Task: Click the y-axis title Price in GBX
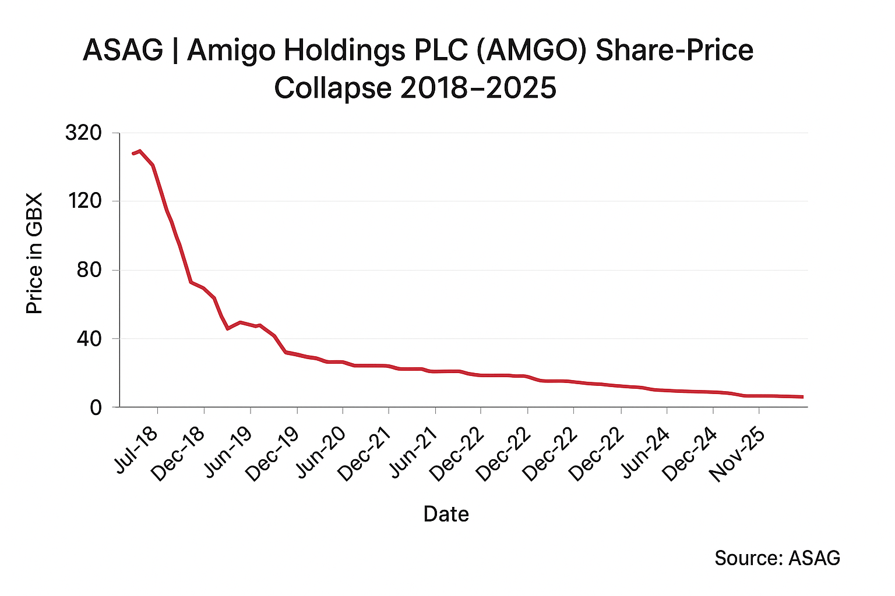35,253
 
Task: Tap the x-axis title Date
446,514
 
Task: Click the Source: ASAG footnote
777,558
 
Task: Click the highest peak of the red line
140,151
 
